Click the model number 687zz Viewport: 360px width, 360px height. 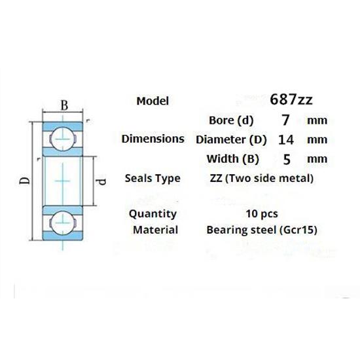pyautogui.click(x=291, y=100)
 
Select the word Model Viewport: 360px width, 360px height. pyautogui.click(x=153, y=101)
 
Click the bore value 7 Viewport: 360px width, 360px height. pyautogui.click(x=285, y=120)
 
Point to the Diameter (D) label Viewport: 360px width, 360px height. pyautogui.click(x=226, y=139)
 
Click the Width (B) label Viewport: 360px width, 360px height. pyautogui.click(x=233, y=158)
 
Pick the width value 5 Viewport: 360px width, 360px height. pyautogui.click(x=285, y=158)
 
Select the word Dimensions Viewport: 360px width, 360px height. pyautogui.click(x=153, y=139)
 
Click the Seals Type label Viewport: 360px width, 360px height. pyautogui.click(x=153, y=178)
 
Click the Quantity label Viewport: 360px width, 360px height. pyautogui.click(x=153, y=213)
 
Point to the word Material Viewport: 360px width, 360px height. pyautogui.click(x=155, y=230)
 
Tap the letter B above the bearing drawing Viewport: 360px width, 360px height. pyautogui.click(x=63, y=105)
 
